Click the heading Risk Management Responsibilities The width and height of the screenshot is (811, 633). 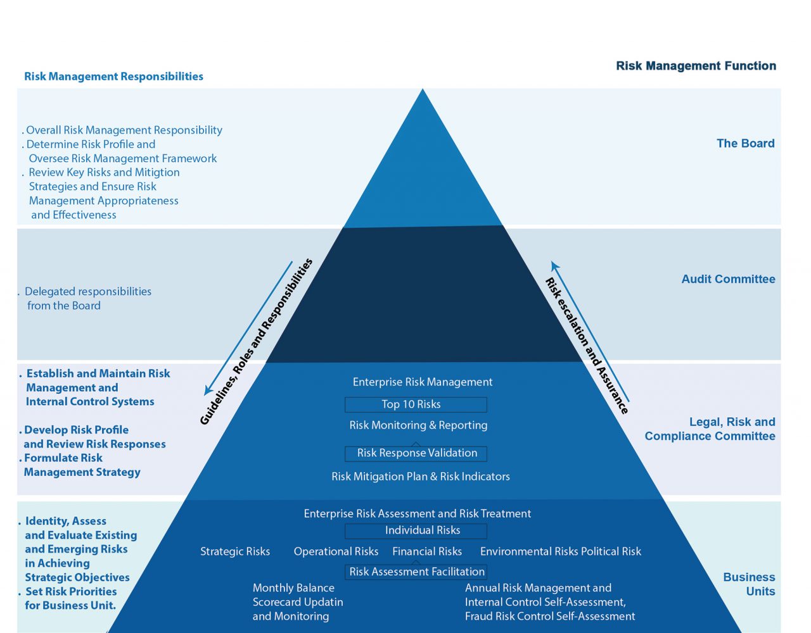click(x=114, y=77)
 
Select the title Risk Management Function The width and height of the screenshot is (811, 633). click(x=696, y=66)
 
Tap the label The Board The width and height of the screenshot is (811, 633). click(x=745, y=143)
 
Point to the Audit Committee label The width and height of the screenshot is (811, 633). click(x=728, y=279)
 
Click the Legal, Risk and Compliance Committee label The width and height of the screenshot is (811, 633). click(x=710, y=429)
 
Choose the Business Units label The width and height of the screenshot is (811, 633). click(x=749, y=584)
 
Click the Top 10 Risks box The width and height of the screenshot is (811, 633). click(x=416, y=404)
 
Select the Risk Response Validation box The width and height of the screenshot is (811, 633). click(x=416, y=454)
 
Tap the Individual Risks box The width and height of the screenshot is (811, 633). click(x=416, y=531)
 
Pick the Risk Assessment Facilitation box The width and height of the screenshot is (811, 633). click(x=416, y=572)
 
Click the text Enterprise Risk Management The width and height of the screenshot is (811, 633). click(x=423, y=382)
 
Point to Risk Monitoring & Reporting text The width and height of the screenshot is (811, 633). click(x=418, y=425)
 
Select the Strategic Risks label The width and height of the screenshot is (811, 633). click(x=235, y=551)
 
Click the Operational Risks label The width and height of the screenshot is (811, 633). click(x=336, y=551)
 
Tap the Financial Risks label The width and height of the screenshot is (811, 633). click(x=427, y=551)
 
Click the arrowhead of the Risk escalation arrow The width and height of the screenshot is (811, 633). click(x=554, y=265)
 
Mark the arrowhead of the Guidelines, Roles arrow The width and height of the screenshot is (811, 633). click(x=207, y=391)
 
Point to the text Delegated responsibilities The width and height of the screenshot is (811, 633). click(x=88, y=292)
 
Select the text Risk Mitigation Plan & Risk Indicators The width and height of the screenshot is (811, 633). click(x=421, y=477)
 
